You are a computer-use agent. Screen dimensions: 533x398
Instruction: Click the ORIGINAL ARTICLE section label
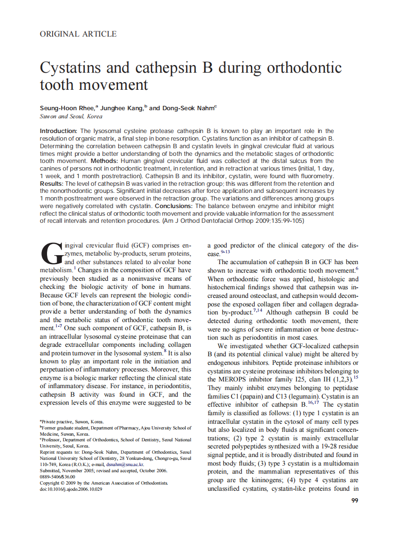click(78, 34)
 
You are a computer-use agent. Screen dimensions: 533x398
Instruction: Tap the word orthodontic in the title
click(304, 68)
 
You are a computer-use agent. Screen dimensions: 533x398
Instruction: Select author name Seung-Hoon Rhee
click(66, 108)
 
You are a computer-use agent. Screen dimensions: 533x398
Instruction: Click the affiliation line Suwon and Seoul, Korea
click(71, 116)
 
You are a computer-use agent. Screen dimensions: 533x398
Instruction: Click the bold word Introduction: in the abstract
click(59, 131)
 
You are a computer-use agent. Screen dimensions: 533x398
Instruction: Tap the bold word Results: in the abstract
click(51, 183)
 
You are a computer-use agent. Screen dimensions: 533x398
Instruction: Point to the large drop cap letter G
click(51, 253)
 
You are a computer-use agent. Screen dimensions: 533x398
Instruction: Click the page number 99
click(354, 501)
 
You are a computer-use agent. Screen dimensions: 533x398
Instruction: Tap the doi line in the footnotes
click(71, 489)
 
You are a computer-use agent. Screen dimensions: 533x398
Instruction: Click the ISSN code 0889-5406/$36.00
click(58, 476)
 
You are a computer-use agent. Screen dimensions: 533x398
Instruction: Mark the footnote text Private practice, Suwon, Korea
click(72, 421)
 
